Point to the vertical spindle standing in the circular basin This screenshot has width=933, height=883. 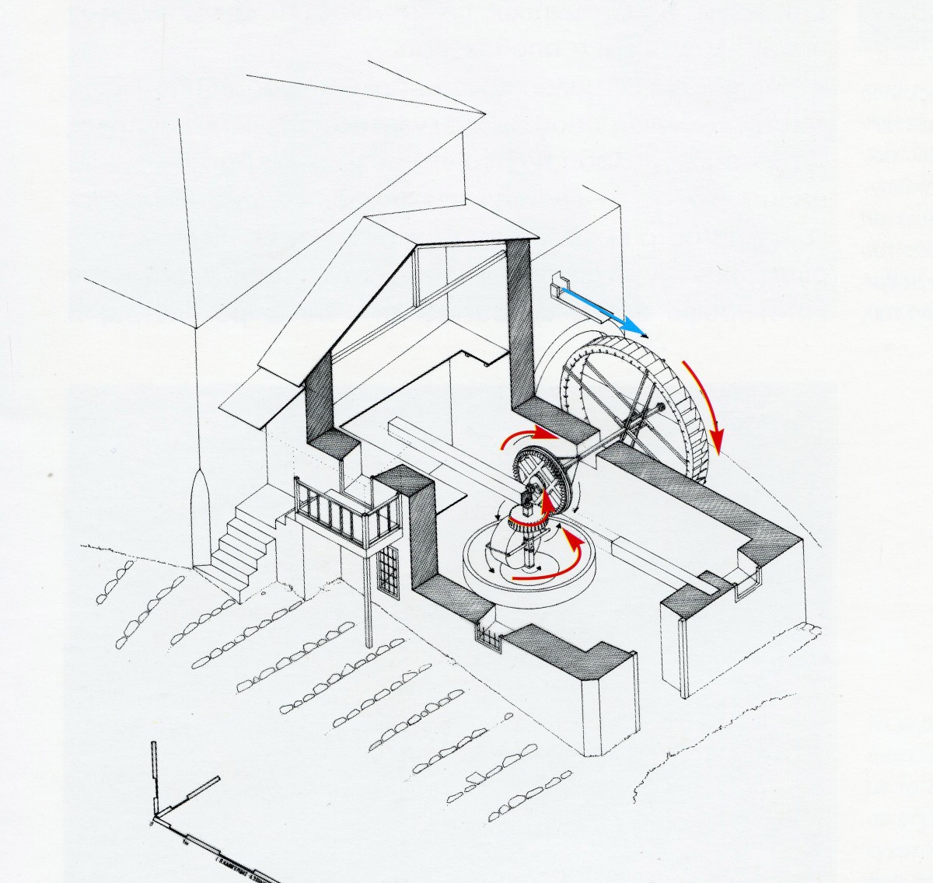coord(530,552)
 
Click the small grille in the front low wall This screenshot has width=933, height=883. coord(489,640)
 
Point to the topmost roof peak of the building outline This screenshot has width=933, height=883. coord(485,114)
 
